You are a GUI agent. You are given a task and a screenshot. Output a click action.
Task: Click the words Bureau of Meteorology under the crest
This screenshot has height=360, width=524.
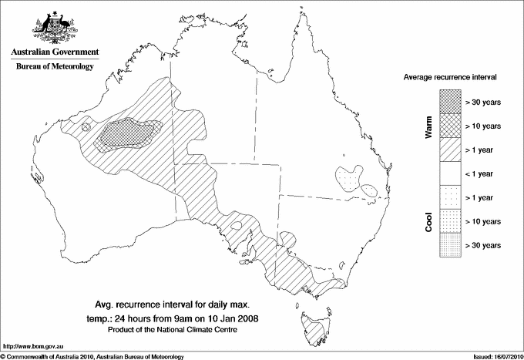54,67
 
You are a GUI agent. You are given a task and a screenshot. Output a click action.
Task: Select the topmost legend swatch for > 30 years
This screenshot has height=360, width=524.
449,101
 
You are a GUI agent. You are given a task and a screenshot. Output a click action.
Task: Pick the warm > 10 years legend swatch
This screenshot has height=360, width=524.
449,125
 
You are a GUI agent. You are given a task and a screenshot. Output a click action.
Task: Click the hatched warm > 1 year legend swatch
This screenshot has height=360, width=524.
449,149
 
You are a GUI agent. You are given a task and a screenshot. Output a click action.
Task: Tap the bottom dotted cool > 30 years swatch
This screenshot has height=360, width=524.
449,244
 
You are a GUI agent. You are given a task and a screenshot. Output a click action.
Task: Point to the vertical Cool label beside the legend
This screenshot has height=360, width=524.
429,220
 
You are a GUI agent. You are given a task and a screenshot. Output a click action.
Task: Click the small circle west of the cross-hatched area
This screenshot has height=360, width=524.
86,126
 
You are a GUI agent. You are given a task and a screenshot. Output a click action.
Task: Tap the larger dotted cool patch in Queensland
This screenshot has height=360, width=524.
348,177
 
